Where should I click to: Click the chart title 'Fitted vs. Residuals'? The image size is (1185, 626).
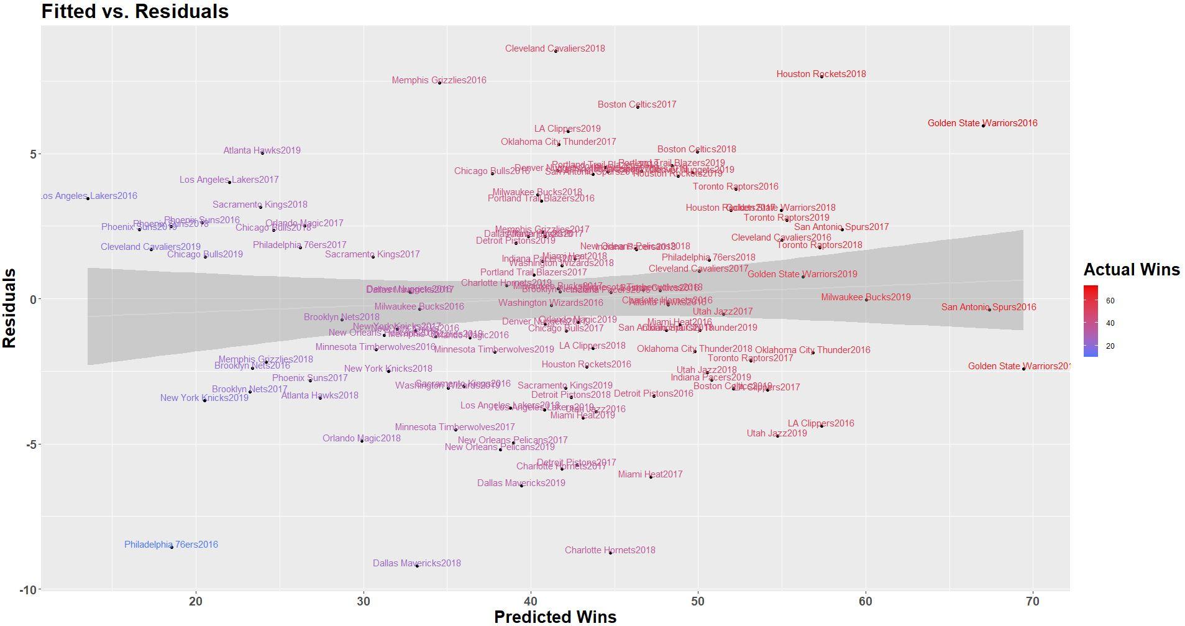click(135, 11)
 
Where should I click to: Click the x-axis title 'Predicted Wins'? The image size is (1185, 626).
click(555, 616)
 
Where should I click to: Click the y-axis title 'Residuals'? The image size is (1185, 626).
click(9, 308)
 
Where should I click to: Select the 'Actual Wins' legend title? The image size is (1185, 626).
click(1131, 269)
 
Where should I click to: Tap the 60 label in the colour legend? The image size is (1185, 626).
click(1110, 300)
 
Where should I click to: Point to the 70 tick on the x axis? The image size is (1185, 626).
click(1033, 601)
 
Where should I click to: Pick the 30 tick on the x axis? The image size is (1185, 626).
click(364, 601)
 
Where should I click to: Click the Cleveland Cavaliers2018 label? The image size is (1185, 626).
click(555, 48)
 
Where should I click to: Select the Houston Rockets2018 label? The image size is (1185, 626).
click(821, 74)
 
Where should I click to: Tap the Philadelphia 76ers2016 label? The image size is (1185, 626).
click(171, 545)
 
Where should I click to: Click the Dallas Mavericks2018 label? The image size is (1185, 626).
click(416, 563)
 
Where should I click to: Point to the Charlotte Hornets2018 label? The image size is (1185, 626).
click(610, 550)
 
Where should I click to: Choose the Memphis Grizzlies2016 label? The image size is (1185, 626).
click(439, 80)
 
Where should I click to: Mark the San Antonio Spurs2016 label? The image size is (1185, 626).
click(988, 307)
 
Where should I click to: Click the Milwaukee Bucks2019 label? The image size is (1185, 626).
click(866, 297)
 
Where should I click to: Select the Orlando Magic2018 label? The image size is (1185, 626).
click(361, 438)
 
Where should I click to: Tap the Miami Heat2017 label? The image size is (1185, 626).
click(650, 474)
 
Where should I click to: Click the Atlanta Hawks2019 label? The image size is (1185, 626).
click(262, 150)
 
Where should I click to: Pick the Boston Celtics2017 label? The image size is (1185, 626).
click(636, 104)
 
